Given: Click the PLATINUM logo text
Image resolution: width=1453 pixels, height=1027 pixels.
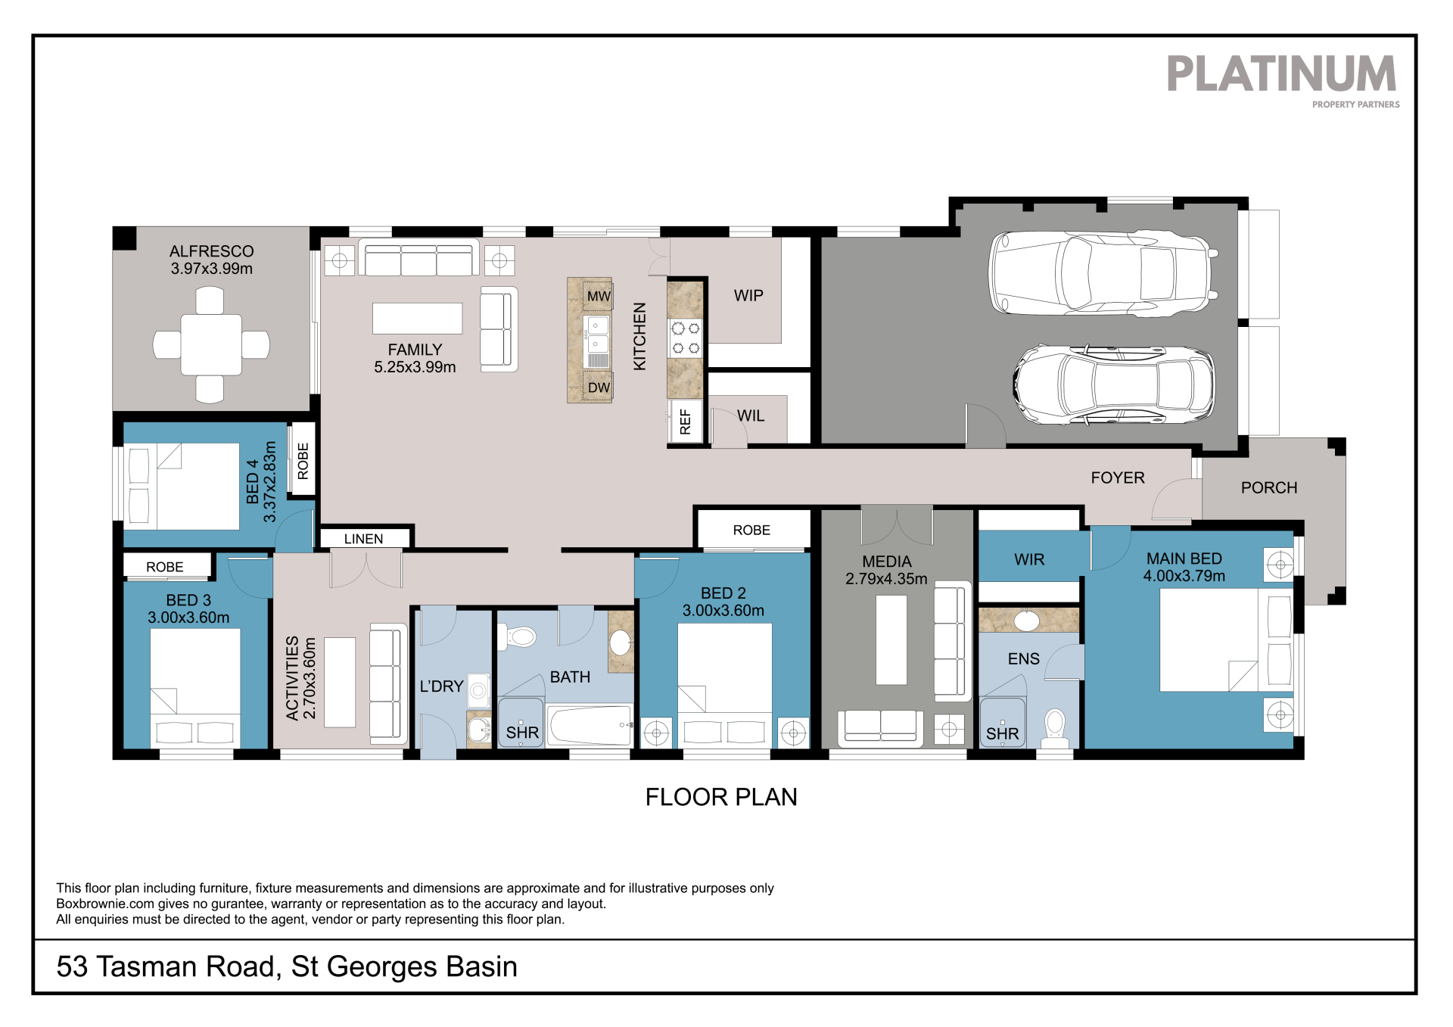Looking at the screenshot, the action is (1281, 73).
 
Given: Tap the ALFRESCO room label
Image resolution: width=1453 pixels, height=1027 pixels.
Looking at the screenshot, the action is (212, 251).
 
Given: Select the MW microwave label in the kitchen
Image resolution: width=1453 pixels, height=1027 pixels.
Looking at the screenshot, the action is (599, 297).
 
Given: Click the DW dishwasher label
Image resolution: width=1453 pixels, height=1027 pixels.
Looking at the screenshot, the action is (599, 387).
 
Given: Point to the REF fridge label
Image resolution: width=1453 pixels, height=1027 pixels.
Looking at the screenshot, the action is (686, 422).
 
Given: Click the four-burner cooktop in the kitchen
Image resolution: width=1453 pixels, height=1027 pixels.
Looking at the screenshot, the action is (685, 338).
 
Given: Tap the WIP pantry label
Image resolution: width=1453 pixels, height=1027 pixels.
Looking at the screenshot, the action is (748, 296).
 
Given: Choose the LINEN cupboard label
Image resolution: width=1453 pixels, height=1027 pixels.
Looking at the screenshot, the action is (363, 539).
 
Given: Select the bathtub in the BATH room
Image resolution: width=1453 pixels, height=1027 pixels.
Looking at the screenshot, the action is (590, 725).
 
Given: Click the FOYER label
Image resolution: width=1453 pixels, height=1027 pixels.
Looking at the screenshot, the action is (1118, 478).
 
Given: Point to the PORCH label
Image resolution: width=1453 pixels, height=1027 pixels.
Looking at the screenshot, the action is (1269, 488).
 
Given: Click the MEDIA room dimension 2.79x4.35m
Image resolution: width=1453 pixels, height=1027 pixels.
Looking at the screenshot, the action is (886, 579).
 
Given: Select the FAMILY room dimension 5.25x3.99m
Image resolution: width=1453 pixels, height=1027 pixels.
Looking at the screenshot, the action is (415, 367).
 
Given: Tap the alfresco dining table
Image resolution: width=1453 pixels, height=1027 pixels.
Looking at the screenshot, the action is (211, 345).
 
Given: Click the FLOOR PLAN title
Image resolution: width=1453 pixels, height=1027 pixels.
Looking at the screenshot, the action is (721, 797).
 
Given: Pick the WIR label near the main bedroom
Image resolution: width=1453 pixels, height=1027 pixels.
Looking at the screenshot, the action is (1029, 560).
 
